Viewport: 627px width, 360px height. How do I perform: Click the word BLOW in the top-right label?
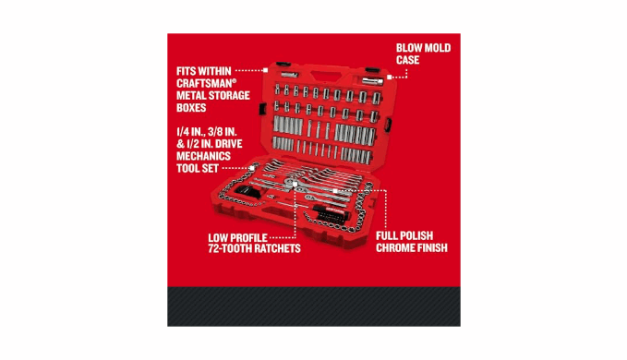tap(409, 48)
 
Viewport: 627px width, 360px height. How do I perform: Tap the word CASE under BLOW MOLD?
tap(407, 60)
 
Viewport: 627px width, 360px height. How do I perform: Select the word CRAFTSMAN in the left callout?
tap(205, 83)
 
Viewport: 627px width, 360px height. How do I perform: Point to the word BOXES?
tap(191, 108)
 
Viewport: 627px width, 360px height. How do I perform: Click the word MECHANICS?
tap(203, 156)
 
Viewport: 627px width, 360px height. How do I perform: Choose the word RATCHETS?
tap(277, 248)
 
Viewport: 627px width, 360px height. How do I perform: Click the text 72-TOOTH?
tap(230, 248)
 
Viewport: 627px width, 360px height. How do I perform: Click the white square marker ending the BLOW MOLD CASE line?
tap(390, 77)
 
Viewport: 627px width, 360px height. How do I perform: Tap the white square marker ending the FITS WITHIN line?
tap(265, 70)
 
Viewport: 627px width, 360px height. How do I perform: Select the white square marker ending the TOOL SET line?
tap(252, 168)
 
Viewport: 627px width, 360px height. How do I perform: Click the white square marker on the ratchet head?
tap(295, 185)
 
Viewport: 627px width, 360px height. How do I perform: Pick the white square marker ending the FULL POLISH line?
tap(335, 191)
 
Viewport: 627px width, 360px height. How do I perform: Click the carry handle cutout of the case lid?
tap(324, 77)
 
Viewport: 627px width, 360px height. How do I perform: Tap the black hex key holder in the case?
tap(247, 191)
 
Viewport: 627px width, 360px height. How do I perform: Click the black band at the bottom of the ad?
tap(314, 306)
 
